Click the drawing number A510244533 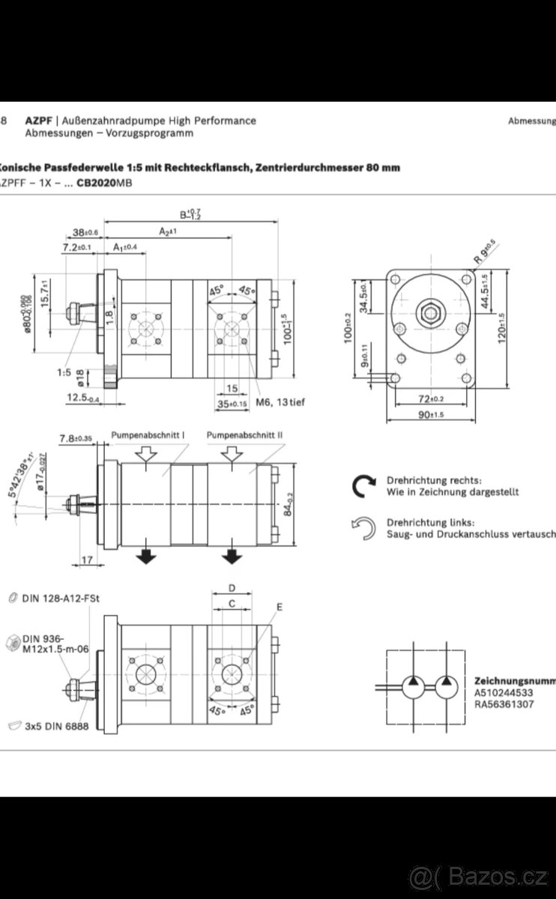(x=504, y=693)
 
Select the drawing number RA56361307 (x=504, y=704)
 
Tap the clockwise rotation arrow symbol (x=363, y=486)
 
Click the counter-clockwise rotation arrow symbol (x=363, y=528)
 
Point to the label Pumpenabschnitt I (x=148, y=435)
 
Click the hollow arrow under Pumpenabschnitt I (x=146, y=453)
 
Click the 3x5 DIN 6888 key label (x=61, y=726)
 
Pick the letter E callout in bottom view (x=279, y=607)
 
